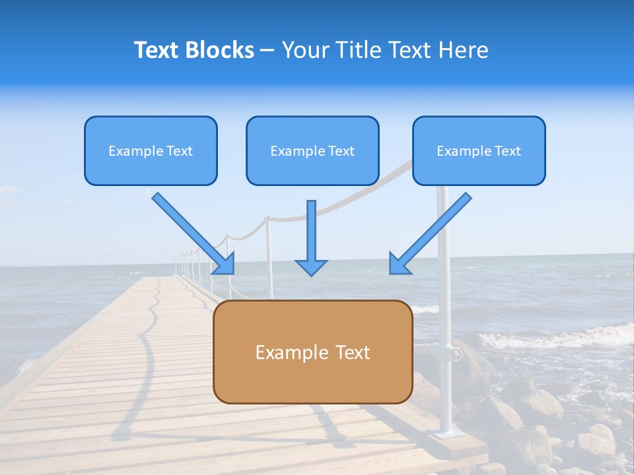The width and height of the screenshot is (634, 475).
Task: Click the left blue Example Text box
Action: pyautogui.click(x=151, y=151)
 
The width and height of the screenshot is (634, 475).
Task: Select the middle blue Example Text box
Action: pyautogui.click(x=312, y=151)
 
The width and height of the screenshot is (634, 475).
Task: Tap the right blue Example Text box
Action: pyautogui.click(x=479, y=151)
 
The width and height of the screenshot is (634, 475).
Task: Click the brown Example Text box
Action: pyautogui.click(x=312, y=352)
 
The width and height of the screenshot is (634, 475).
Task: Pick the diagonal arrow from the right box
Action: pyautogui.click(x=431, y=232)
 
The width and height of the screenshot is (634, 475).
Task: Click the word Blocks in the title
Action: pyautogui.click(x=221, y=50)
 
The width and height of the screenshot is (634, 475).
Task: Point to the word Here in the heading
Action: pyautogui.click(x=464, y=50)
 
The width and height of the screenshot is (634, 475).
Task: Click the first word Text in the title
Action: pyautogui.click(x=157, y=50)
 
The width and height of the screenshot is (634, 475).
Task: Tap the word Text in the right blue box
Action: pyautogui.click(x=507, y=151)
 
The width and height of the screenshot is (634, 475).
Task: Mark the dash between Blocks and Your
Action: pyautogui.click(x=268, y=51)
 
